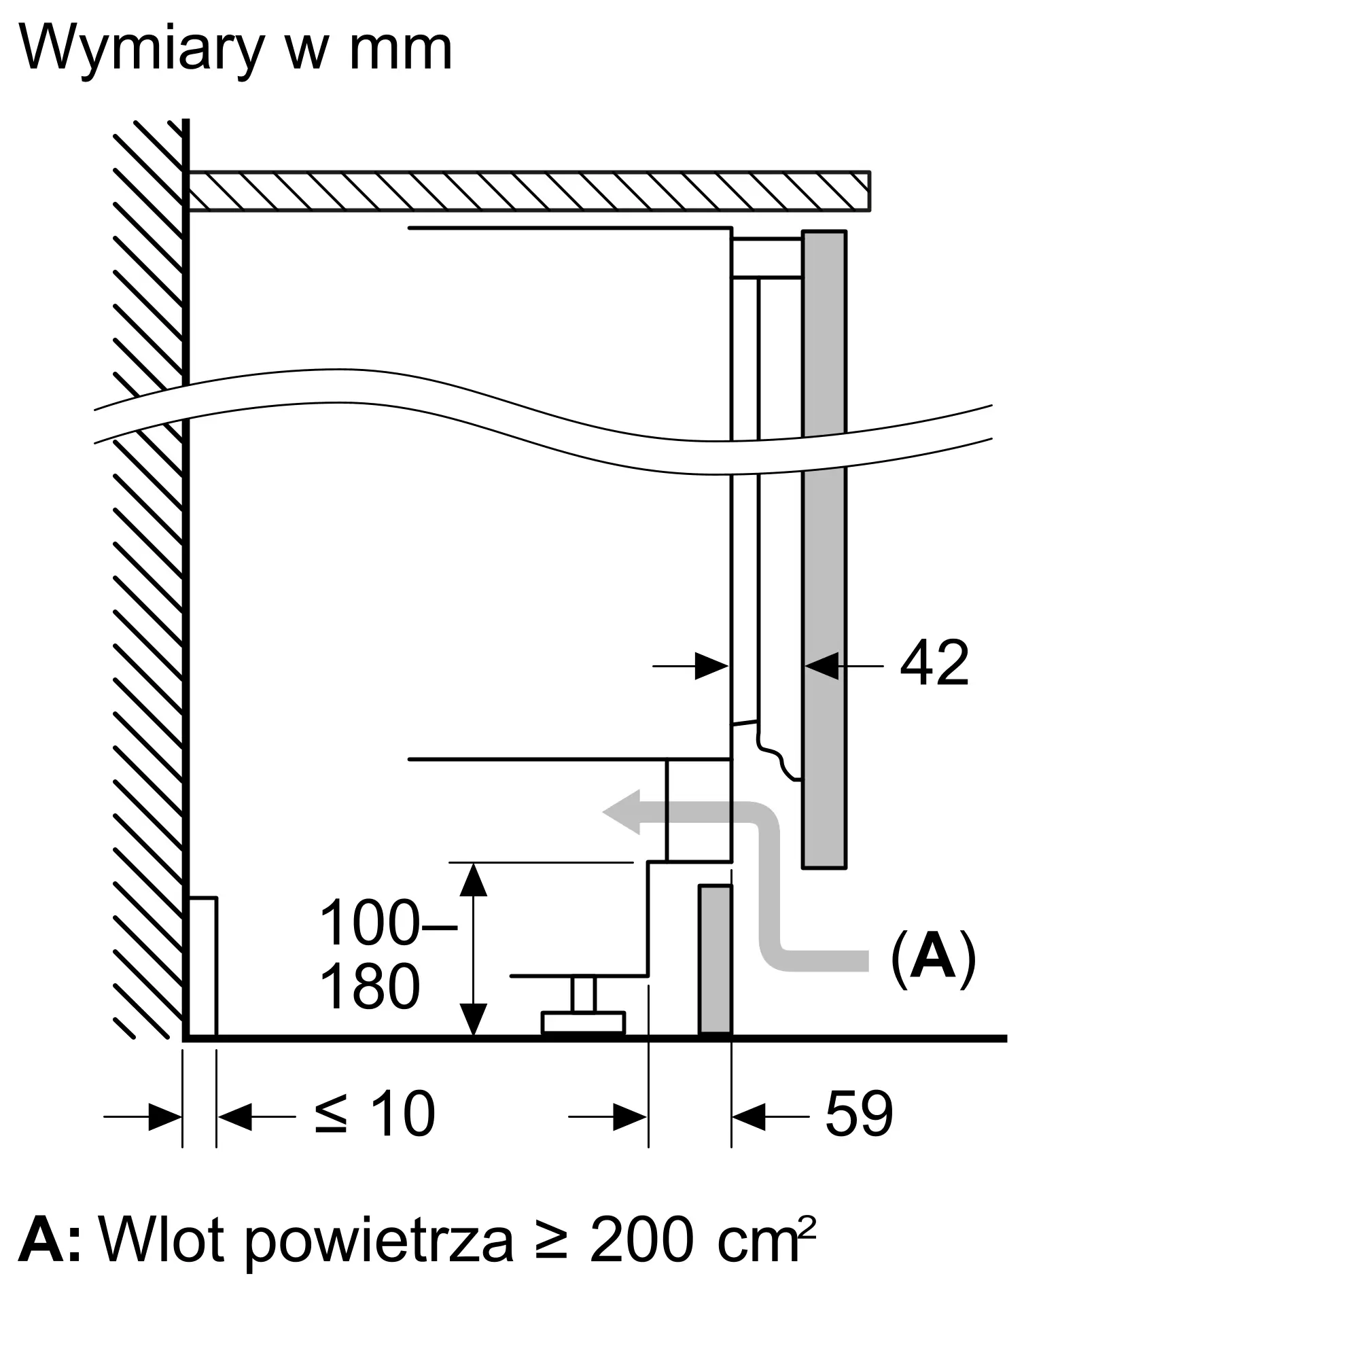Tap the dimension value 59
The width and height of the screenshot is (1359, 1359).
(859, 1114)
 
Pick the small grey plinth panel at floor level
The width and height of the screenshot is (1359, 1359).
(716, 960)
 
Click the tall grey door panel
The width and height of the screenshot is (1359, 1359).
(824, 549)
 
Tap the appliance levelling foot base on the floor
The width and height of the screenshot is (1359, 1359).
(583, 1023)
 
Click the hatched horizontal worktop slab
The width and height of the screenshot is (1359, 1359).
(529, 191)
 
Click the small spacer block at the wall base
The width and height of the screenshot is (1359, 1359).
(202, 966)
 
